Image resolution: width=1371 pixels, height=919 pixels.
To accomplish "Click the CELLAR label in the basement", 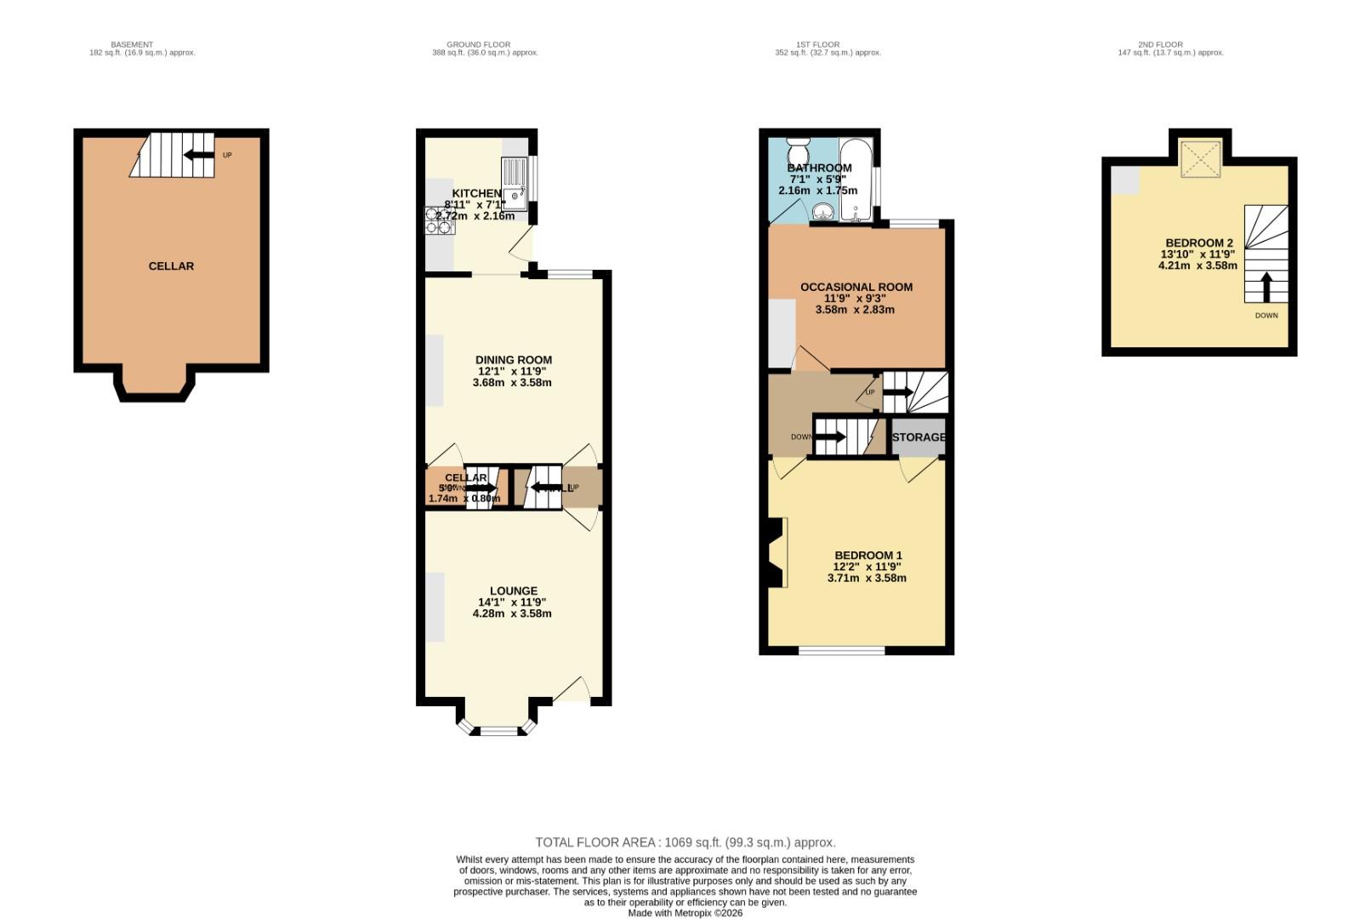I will coord(171,266).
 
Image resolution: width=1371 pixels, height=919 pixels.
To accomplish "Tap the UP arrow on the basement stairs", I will coord(199,154).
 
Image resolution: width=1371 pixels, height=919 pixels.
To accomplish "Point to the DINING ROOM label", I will coord(513,360).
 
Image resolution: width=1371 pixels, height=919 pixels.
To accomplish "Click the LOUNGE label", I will coord(513,591).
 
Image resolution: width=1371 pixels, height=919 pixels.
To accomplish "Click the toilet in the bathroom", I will coord(799,152).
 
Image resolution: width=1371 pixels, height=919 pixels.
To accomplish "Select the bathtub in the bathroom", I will coord(856,180).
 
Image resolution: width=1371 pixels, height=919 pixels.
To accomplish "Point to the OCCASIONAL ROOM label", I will coord(856,288).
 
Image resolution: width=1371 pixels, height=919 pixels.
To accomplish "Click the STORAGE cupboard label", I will coord(919,437).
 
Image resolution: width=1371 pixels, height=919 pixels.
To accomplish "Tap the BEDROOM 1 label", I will coord(868,556).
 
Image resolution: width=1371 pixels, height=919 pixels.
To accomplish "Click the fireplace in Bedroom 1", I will coord(776,552).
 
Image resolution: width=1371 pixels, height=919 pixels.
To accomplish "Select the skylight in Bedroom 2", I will coord(1200,159).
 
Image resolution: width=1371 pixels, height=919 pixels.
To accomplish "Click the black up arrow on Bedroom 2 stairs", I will coord(1266,288).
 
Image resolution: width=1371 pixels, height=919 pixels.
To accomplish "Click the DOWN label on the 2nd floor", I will coord(1266,316).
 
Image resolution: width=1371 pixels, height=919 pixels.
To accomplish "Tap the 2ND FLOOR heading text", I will coord(1160,44).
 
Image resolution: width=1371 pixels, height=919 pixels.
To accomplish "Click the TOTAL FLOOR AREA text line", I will coord(685,842).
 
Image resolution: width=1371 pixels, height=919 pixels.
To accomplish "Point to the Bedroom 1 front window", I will coord(842,651).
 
